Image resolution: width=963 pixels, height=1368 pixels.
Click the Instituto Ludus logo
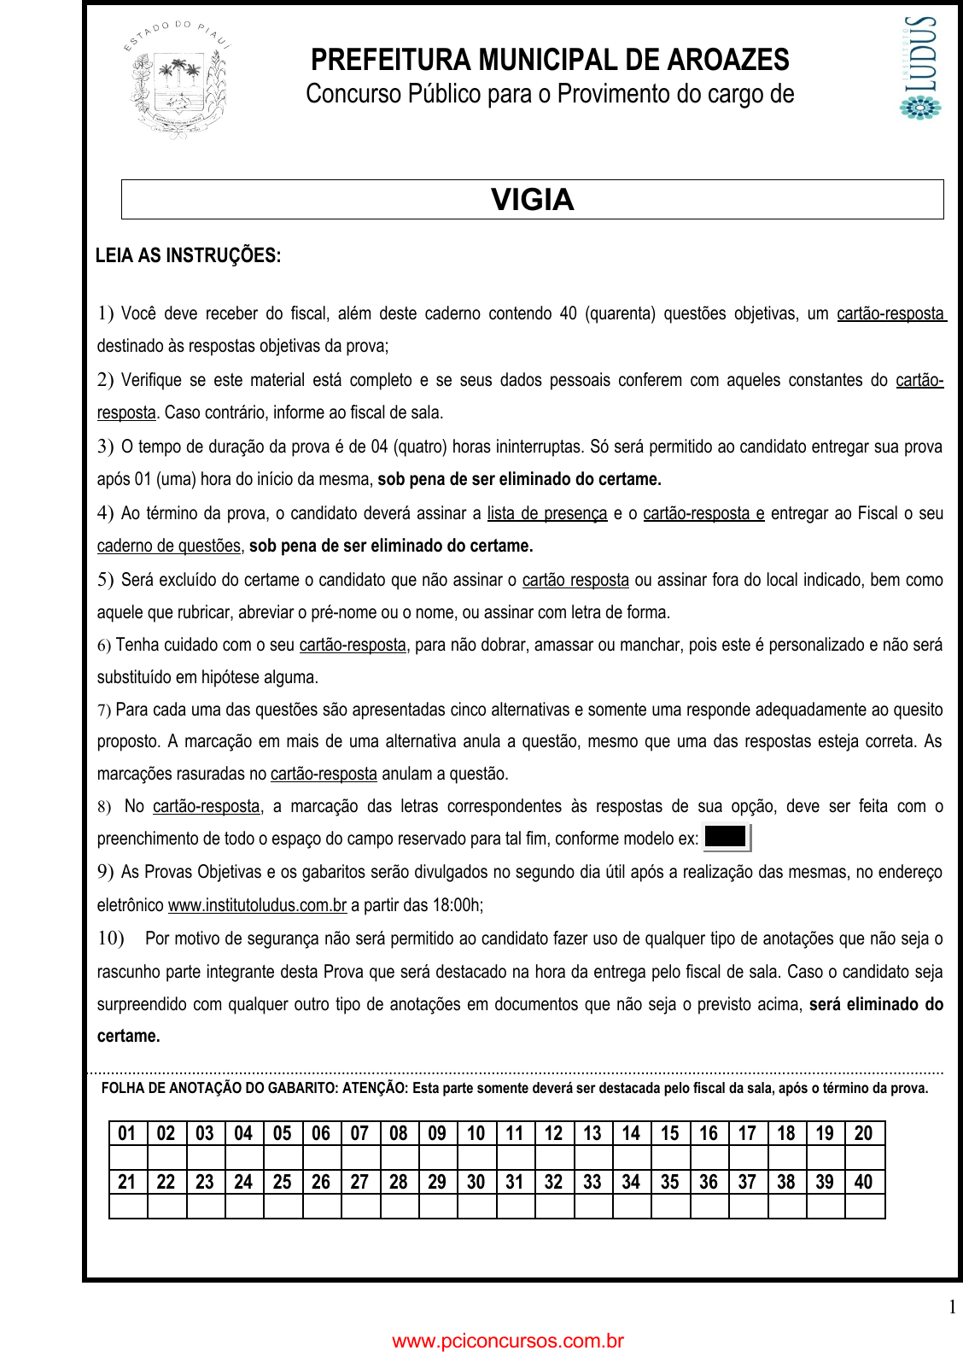click(x=920, y=67)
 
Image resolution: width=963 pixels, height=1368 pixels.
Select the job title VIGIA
click(x=533, y=200)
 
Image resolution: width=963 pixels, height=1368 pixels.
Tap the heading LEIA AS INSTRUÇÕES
click(x=188, y=255)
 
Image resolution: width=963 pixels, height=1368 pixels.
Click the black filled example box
click(x=726, y=837)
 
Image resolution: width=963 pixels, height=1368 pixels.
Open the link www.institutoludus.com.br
click(x=257, y=905)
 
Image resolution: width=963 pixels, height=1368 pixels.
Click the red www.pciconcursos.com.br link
click(x=508, y=1341)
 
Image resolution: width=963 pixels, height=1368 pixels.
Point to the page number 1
click(x=952, y=1307)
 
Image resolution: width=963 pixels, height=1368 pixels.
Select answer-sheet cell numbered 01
click(x=127, y=1133)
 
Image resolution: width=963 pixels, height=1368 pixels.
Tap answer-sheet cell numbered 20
click(x=864, y=1133)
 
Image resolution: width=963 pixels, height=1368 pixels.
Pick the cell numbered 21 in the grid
click(x=127, y=1182)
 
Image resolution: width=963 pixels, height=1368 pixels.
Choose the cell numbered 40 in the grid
click(x=864, y=1182)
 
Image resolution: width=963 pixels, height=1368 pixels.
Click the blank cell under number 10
click(x=476, y=1158)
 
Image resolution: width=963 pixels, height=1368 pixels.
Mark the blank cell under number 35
click(x=670, y=1206)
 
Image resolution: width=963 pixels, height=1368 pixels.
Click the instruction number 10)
click(x=111, y=938)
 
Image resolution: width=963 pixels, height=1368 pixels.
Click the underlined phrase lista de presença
click(x=547, y=513)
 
